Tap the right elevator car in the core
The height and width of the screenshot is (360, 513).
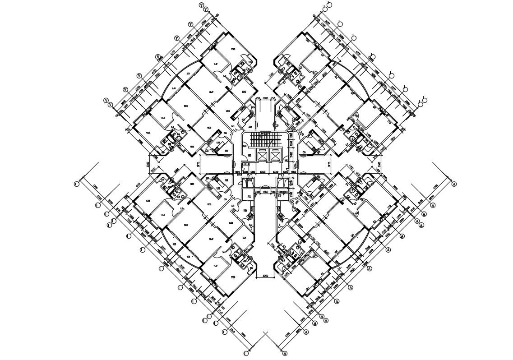click(273, 156)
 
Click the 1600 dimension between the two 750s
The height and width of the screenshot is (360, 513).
click(265, 98)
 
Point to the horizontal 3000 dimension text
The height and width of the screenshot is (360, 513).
click(265, 275)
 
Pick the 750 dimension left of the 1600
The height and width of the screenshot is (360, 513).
click(258, 98)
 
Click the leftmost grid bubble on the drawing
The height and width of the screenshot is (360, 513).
click(77, 184)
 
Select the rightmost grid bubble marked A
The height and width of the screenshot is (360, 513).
click(454, 184)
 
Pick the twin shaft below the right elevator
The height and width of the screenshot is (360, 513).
click(282, 183)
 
